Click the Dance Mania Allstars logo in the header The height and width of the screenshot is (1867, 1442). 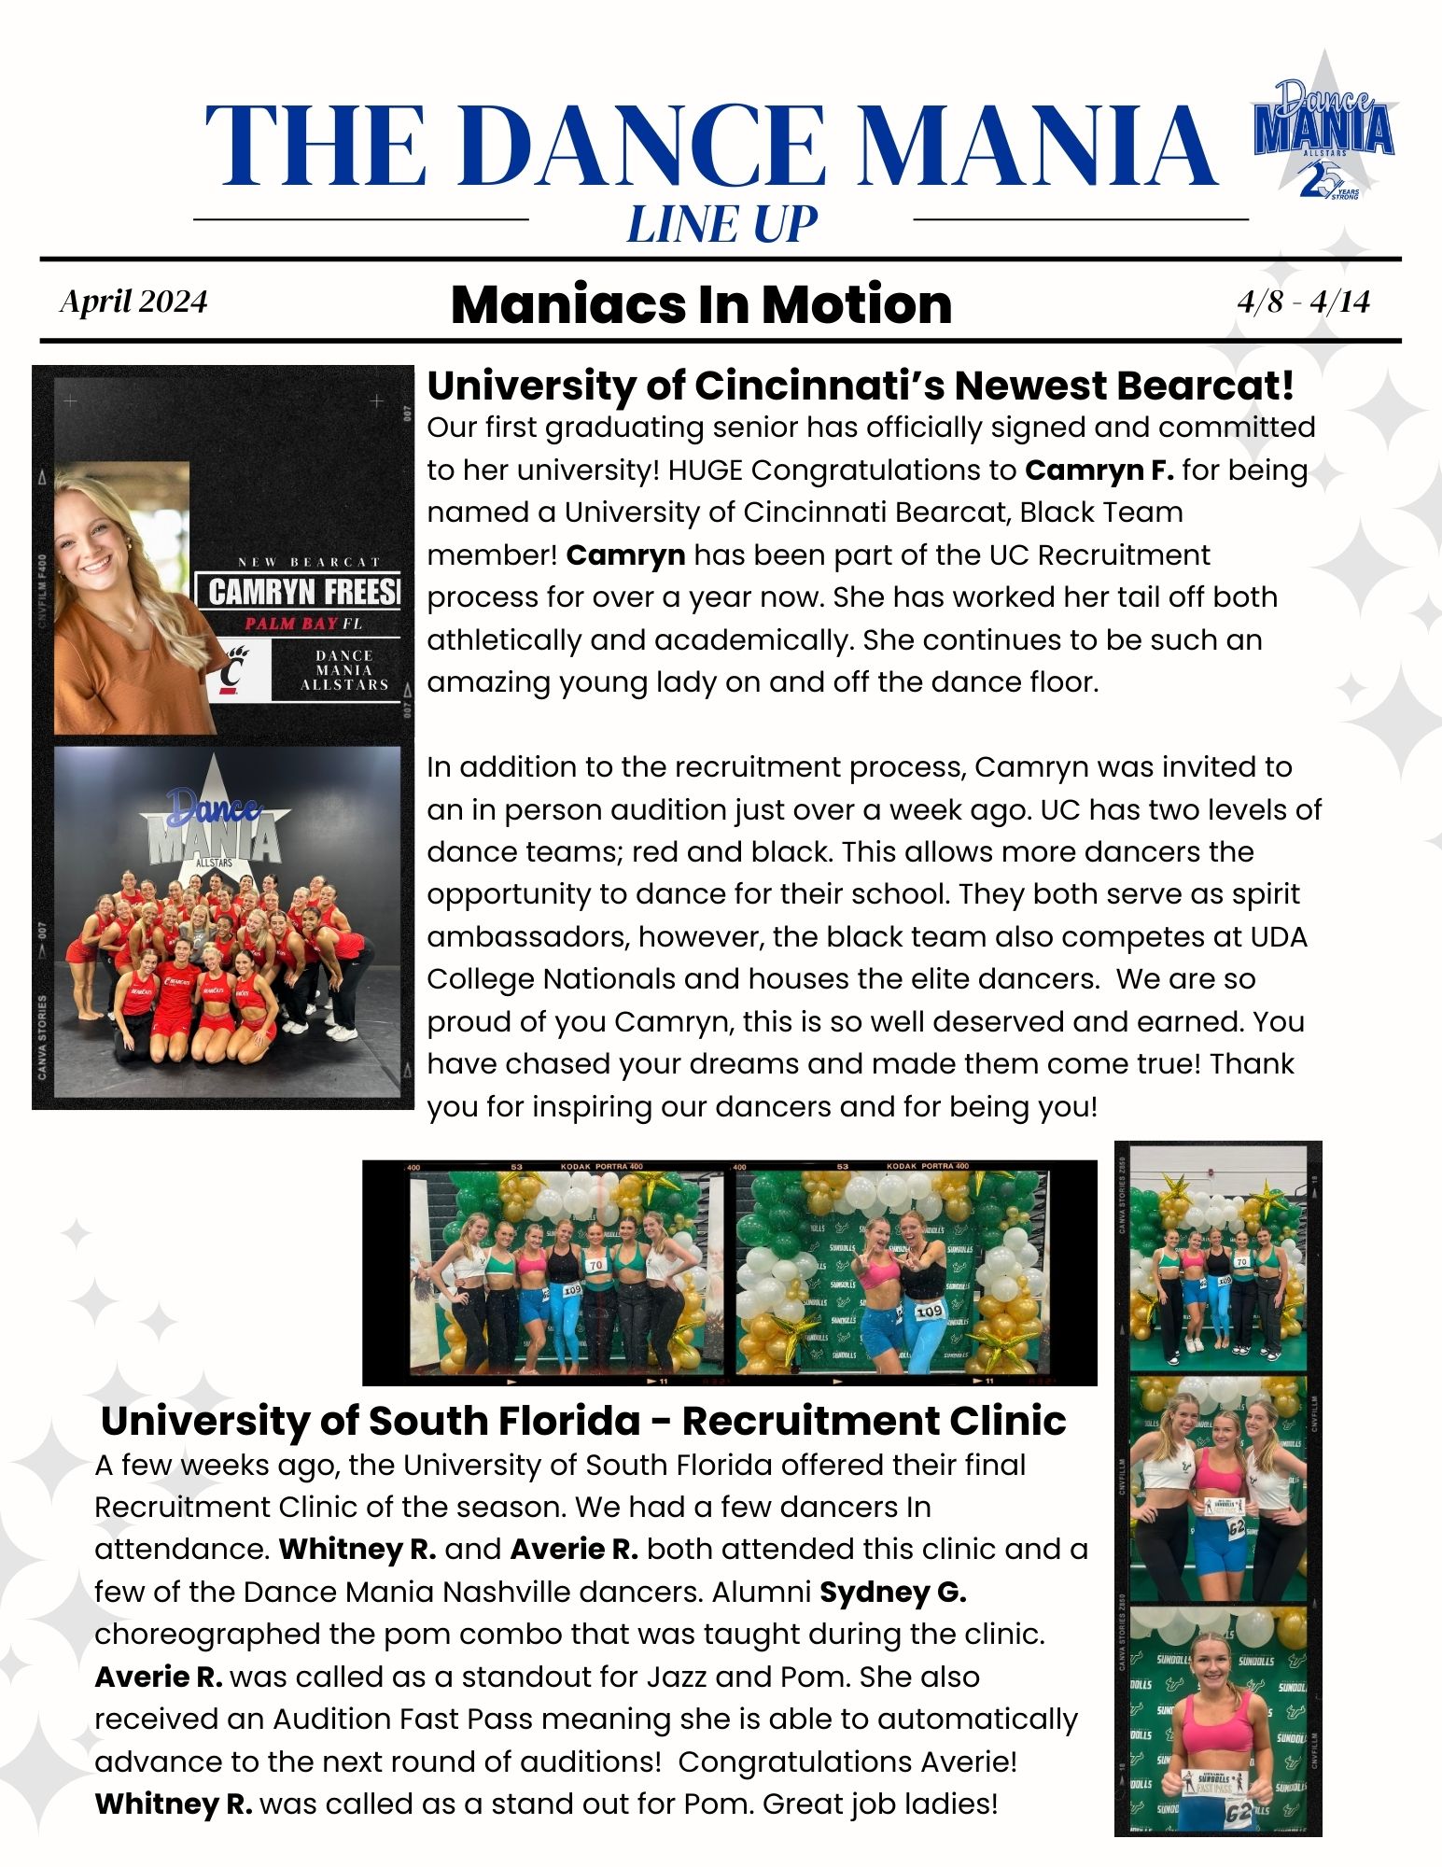1323,131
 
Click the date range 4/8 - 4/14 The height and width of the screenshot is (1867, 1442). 1303,302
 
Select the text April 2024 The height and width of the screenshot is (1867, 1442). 133,302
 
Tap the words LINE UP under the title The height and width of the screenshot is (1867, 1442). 721,225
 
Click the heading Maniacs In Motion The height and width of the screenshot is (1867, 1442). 701,304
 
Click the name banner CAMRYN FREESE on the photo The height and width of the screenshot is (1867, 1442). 302,592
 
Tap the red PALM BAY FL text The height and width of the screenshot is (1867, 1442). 302,624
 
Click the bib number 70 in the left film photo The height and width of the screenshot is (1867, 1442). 596,1265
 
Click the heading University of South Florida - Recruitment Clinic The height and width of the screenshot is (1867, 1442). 583,1421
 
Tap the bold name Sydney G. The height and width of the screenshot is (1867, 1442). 893,1592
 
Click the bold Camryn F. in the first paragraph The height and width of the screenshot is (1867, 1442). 1099,470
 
